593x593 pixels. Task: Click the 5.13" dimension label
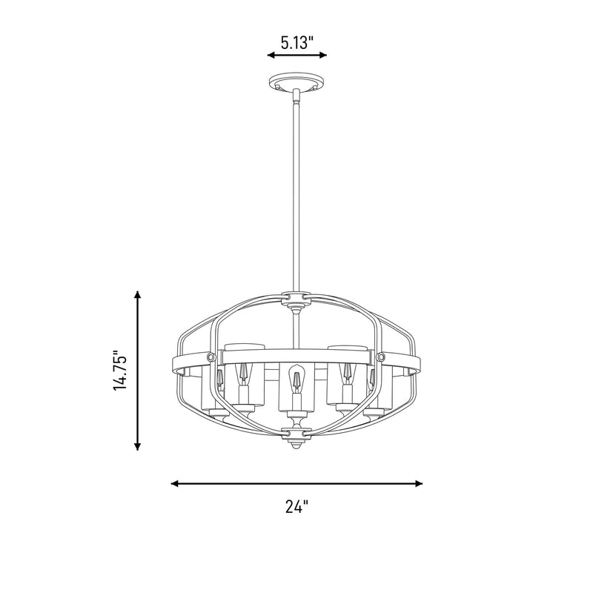297,43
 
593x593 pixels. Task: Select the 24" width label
297,506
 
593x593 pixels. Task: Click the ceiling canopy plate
297,82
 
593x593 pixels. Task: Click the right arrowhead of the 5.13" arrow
323,55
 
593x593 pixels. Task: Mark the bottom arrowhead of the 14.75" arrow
138,446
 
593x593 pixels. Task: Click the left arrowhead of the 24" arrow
175,483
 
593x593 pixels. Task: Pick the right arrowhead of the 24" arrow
419,483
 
